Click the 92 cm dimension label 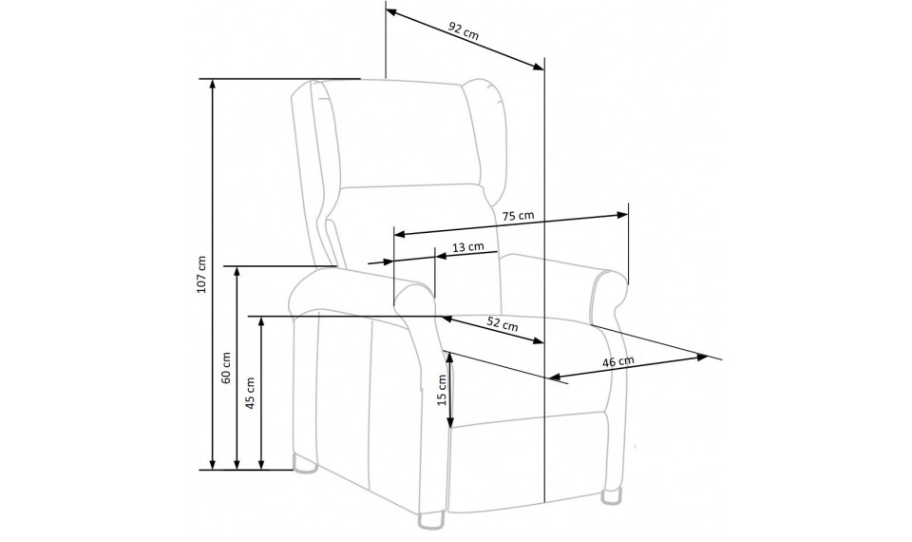click(x=464, y=30)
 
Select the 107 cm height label click(x=201, y=274)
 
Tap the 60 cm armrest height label click(x=226, y=368)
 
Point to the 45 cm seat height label click(x=250, y=393)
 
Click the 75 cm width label click(x=518, y=216)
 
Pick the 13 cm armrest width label click(x=467, y=246)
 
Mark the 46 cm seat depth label click(x=617, y=361)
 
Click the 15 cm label click(x=442, y=390)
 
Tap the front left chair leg click(x=431, y=519)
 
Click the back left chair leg click(x=304, y=465)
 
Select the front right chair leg click(x=611, y=494)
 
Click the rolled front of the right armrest click(x=609, y=297)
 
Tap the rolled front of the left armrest click(x=413, y=298)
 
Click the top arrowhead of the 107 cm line click(x=213, y=85)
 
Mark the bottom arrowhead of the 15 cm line click(x=450, y=422)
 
